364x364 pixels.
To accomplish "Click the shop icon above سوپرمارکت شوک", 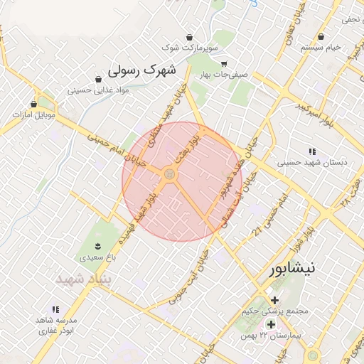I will (x=189, y=37).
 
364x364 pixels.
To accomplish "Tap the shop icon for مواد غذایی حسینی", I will (x=98, y=79).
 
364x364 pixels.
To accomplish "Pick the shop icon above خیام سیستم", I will (x=322, y=36).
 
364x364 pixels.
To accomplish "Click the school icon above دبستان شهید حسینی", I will (x=311, y=151).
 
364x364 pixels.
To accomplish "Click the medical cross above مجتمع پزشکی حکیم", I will (x=274, y=299).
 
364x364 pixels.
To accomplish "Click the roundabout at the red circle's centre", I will (x=170, y=174).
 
